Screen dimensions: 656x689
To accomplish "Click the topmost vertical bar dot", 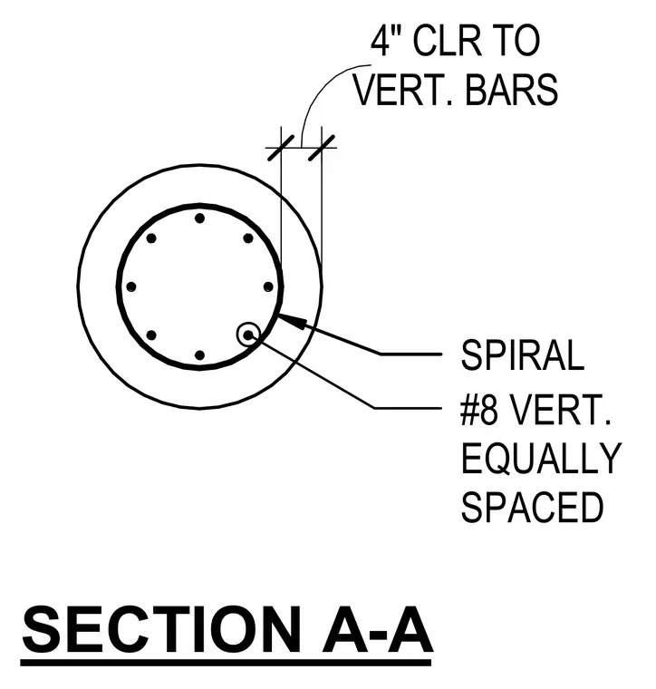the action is (199, 218).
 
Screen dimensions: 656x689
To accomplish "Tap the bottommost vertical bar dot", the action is (199, 355).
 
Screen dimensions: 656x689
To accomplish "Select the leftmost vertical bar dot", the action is (130, 287).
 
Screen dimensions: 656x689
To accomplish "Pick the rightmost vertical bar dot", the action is (268, 287).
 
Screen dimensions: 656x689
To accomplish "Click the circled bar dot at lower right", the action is (248, 335).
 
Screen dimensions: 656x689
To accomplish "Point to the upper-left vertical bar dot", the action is (151, 238).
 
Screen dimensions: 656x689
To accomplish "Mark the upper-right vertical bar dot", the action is (248, 238).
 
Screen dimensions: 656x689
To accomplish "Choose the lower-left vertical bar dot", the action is (151, 335).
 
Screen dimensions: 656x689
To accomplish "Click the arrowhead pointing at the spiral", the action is (291, 320).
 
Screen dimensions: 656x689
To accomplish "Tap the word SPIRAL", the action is (523, 355).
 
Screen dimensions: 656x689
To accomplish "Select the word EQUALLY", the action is (541, 459).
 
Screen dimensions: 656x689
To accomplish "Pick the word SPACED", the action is (533, 507).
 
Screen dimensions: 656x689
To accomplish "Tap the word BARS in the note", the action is (512, 90).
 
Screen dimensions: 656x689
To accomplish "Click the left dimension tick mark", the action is (281, 148).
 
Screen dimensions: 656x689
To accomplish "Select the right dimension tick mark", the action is (322, 148).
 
